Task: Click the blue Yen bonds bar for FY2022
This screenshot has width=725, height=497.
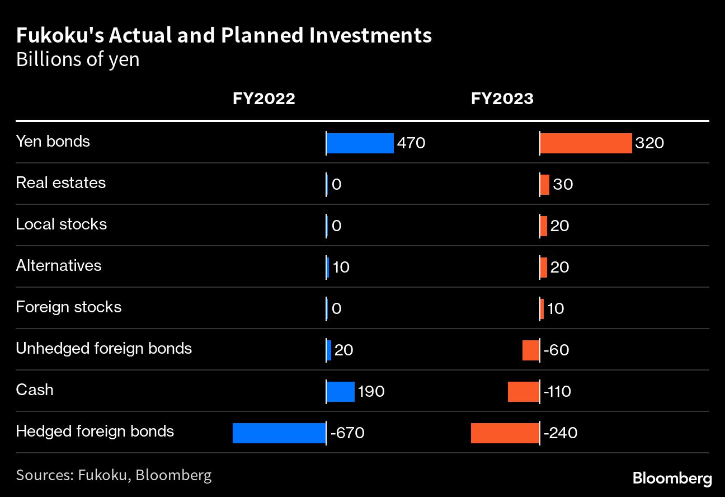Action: tap(360, 143)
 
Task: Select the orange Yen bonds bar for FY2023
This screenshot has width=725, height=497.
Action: tap(586, 143)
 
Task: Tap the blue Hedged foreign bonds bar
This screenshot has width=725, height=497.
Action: tap(279, 433)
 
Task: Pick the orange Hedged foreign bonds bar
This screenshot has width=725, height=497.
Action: tap(505, 433)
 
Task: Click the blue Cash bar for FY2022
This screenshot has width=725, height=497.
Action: tap(341, 392)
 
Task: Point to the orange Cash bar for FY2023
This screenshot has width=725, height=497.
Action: tap(524, 392)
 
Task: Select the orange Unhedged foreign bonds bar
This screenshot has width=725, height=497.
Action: tap(531, 350)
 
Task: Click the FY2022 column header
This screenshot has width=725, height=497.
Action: tap(264, 99)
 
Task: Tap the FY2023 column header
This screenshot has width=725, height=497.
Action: tap(502, 99)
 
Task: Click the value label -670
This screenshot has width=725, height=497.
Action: tap(347, 433)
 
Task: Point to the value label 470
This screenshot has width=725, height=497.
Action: tap(411, 143)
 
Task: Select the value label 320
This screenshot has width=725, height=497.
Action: tap(649, 143)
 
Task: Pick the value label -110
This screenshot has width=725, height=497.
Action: tap(557, 392)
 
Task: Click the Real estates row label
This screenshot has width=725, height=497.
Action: tap(60, 183)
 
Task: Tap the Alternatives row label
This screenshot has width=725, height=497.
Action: tap(59, 265)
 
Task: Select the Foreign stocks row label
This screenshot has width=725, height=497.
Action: tap(68, 307)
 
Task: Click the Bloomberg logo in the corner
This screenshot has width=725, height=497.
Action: tap(672, 479)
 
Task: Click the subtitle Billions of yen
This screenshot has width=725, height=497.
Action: tap(78, 59)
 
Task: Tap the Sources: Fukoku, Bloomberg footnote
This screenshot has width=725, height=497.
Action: tap(114, 476)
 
